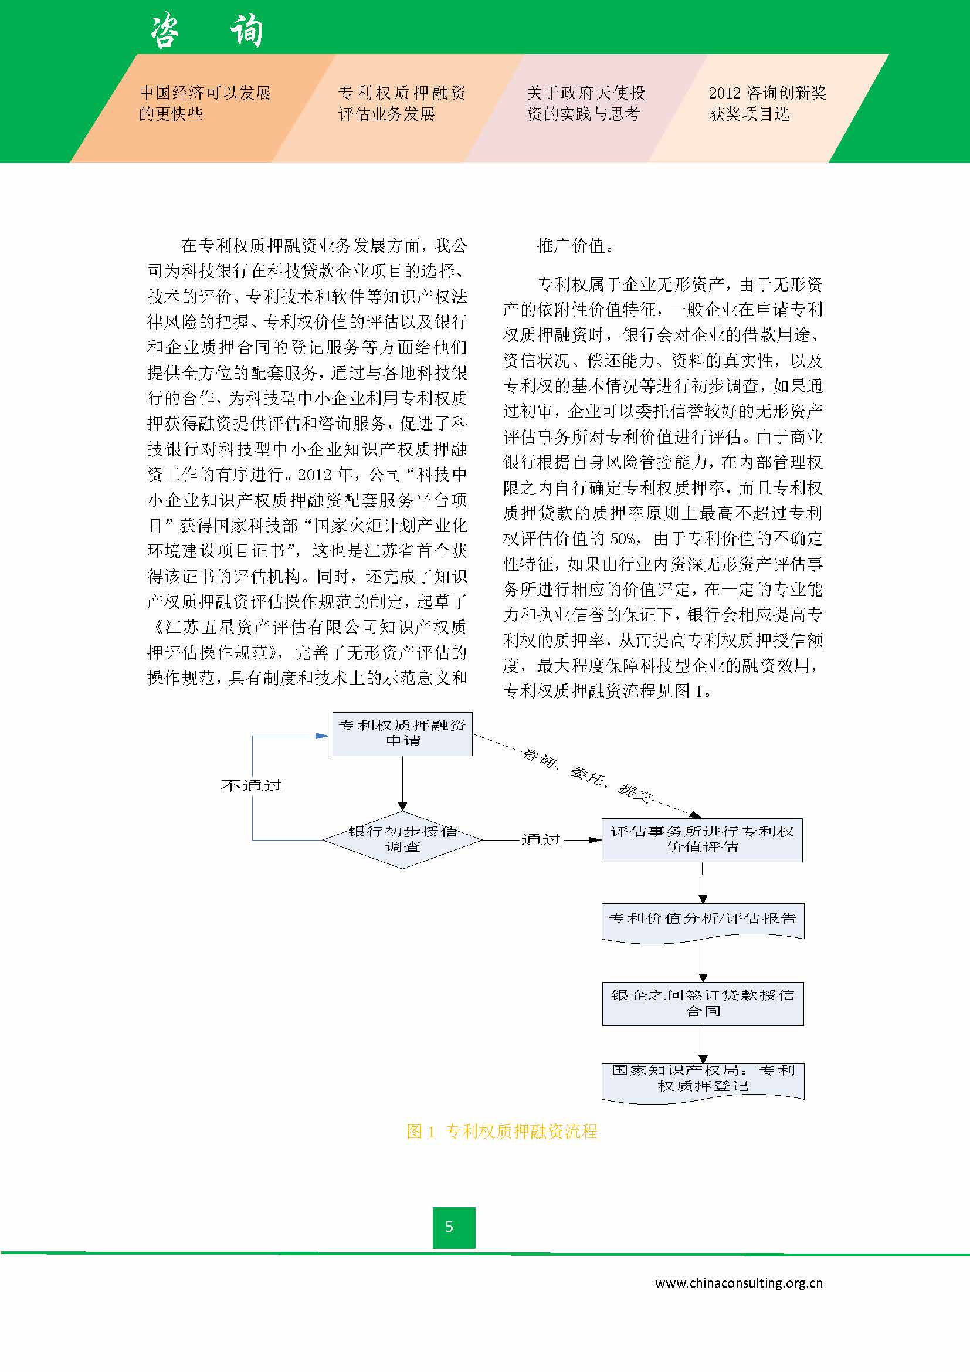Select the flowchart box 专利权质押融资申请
click(x=402, y=733)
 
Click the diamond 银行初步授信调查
click(x=402, y=839)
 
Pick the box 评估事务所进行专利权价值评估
click(x=701, y=839)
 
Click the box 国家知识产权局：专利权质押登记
click(x=702, y=1079)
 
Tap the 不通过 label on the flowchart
click(x=252, y=785)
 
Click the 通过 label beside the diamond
click(x=542, y=839)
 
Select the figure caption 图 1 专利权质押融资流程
click(x=502, y=1131)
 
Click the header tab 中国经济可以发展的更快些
click(x=205, y=103)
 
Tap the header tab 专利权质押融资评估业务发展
click(x=401, y=103)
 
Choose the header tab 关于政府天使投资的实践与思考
click(x=585, y=103)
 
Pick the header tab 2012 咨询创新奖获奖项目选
click(x=767, y=103)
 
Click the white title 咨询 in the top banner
click(x=206, y=31)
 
